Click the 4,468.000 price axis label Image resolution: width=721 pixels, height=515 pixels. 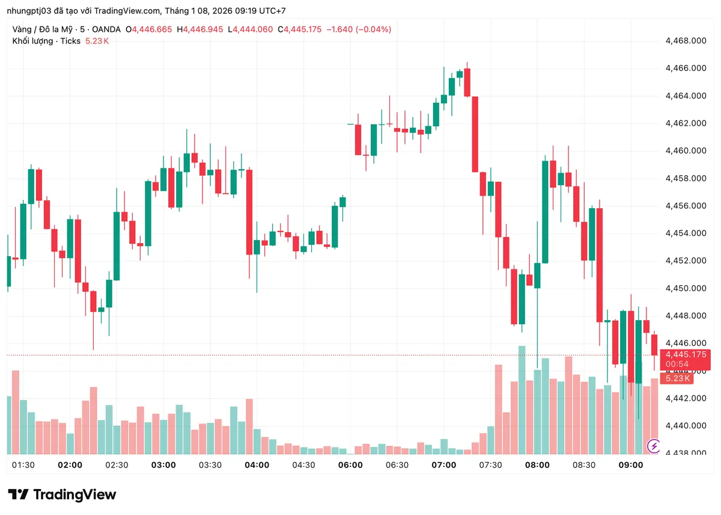tap(685, 41)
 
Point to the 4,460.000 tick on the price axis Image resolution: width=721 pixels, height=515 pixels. tap(685, 151)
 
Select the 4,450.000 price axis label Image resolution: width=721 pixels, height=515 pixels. tap(685, 289)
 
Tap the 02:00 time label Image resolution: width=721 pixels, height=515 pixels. tap(70, 465)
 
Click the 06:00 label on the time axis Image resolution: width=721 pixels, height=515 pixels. tap(350, 465)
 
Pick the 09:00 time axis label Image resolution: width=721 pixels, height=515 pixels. tap(631, 465)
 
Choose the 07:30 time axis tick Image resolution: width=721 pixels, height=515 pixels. tap(490, 465)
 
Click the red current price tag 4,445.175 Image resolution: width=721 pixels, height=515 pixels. tap(686, 354)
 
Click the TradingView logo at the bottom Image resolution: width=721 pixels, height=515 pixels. tap(62, 495)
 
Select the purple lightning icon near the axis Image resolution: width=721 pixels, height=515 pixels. tap(654, 446)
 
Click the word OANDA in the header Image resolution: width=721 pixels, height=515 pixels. tap(106, 29)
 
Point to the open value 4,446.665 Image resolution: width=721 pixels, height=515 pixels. tap(153, 29)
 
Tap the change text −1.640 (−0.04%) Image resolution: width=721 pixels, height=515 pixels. tap(358, 29)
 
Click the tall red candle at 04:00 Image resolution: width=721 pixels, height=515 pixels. tap(249, 212)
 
